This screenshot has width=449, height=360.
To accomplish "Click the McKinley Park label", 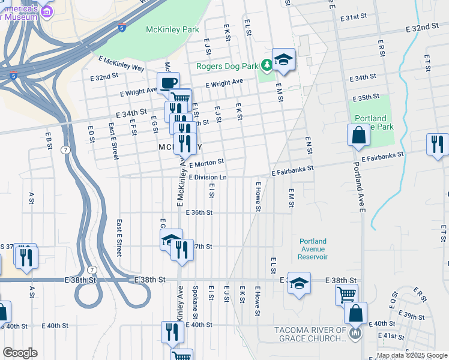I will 172,29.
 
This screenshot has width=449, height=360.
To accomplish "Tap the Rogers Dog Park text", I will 226,66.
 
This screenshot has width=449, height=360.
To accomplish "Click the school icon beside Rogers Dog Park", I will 283,59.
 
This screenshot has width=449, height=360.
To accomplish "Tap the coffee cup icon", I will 168,83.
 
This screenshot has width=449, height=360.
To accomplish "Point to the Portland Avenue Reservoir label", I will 313,249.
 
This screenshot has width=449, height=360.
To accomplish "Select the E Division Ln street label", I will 208,178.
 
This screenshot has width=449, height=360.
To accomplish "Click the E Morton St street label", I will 206,162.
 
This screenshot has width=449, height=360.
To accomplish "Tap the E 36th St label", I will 199,212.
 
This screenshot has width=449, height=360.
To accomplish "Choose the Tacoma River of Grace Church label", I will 310,334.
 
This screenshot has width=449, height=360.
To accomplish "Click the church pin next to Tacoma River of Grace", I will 355,332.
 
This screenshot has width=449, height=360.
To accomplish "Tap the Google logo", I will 20,353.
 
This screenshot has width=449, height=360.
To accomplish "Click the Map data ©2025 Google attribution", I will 412,355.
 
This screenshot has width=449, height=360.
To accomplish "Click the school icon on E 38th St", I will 298,283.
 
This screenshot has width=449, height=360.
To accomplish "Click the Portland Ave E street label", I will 359,187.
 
